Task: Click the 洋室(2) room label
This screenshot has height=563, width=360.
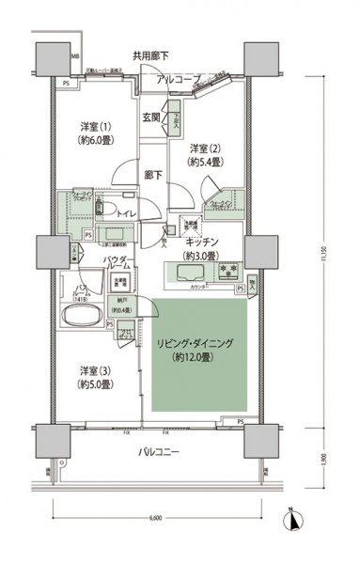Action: coord(204,155)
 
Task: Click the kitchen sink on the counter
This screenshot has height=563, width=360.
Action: coord(188,274)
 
